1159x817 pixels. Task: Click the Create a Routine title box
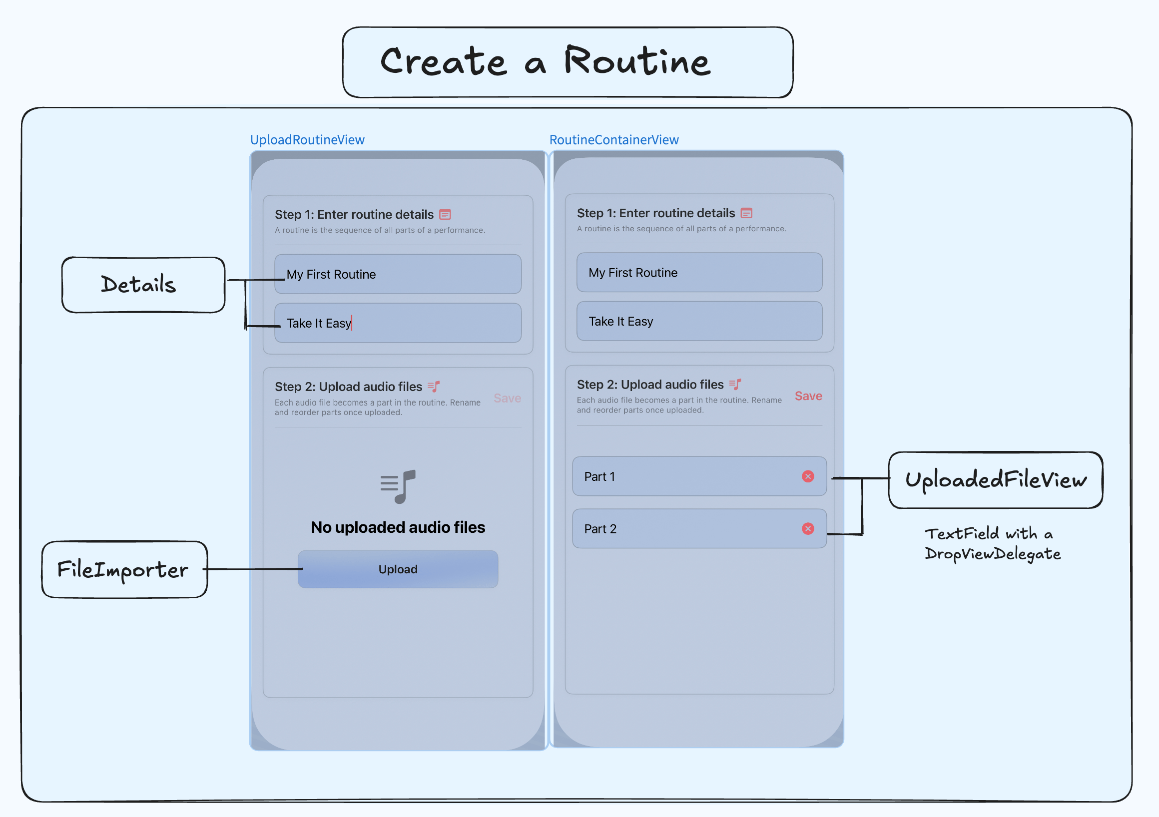pos(568,62)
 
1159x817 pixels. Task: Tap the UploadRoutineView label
pos(307,140)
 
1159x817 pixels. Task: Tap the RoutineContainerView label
pos(613,140)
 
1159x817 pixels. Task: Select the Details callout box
pos(143,285)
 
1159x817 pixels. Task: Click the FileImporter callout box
pos(124,569)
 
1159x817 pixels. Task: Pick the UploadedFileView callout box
pos(995,480)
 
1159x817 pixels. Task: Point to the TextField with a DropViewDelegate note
pos(993,543)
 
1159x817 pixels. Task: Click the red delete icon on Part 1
pos(808,476)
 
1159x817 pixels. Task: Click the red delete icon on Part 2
pos(808,528)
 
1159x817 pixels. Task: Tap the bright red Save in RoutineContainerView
pos(808,396)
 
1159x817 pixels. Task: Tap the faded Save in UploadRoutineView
pos(507,398)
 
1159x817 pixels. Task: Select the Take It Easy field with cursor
pos(398,323)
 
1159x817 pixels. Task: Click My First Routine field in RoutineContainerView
pos(699,273)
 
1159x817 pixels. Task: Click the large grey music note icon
pos(398,486)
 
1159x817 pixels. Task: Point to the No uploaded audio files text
pos(398,527)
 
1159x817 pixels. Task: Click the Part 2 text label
pos(600,529)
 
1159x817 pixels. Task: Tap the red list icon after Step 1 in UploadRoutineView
pos(445,214)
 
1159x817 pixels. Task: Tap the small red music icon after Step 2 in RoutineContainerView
pos(735,385)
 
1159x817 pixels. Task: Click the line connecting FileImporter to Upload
pos(252,569)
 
